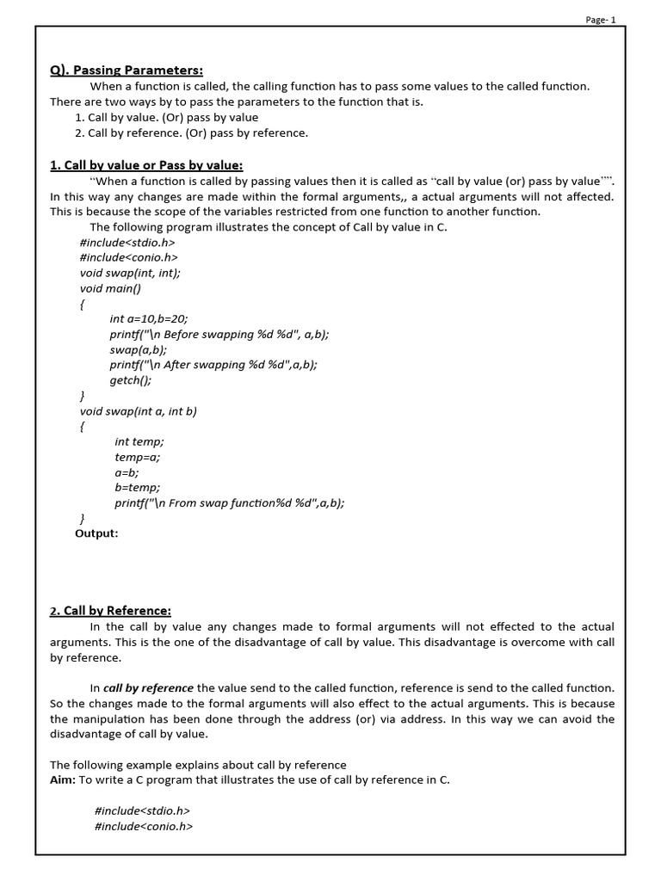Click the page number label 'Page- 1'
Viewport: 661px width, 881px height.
[601, 21]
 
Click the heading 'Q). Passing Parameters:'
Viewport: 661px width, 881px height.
[126, 71]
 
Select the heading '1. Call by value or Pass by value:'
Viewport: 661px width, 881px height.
[146, 165]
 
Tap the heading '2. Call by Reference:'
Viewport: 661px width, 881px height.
[110, 611]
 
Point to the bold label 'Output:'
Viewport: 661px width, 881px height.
[96, 533]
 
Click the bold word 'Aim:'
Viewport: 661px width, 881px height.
[63, 779]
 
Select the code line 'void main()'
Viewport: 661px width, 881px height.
[109, 288]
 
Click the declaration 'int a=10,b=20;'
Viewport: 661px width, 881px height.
[148, 319]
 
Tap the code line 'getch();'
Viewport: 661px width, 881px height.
[130, 380]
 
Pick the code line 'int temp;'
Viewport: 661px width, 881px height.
[139, 441]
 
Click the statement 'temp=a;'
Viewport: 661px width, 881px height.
[137, 457]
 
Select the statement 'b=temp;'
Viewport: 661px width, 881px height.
[138, 488]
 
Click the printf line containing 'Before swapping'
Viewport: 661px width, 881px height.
[219, 335]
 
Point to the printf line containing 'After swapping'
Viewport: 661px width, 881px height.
[213, 365]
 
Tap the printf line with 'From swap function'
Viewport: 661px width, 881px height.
[229, 503]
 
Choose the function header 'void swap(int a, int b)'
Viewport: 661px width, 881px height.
[139, 411]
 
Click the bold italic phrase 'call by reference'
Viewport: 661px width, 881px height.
[148, 688]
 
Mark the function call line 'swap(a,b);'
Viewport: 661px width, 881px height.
[138, 349]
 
